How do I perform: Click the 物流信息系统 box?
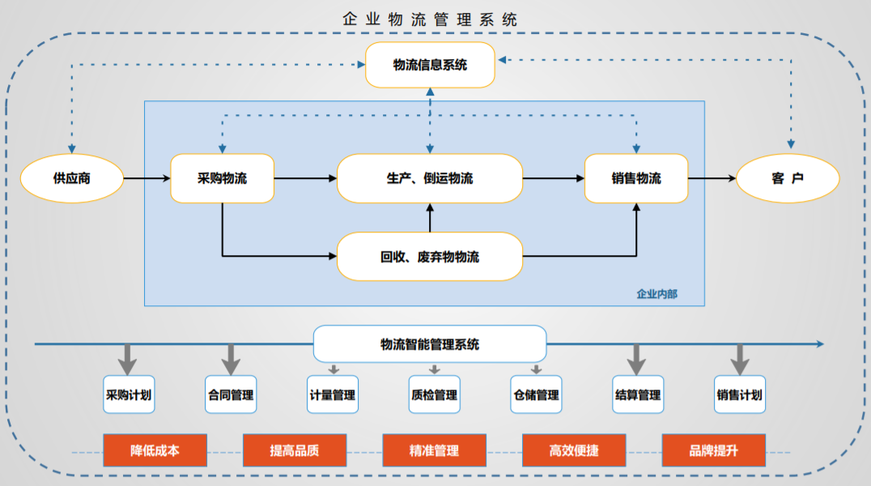click(430, 66)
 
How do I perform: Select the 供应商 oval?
click(71, 178)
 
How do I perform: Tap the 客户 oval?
click(787, 178)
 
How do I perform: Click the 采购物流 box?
click(222, 178)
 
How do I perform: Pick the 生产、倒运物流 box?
click(430, 178)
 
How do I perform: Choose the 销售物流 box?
click(636, 178)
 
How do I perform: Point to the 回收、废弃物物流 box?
click(430, 257)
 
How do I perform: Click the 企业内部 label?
click(656, 293)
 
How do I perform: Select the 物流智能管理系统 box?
click(430, 344)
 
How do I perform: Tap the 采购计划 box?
click(129, 395)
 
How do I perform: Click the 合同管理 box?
click(231, 395)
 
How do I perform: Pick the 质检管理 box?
click(435, 395)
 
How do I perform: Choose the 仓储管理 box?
click(536, 395)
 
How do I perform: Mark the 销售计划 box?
click(739, 395)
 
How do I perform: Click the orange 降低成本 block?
click(155, 450)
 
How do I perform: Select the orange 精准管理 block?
click(434, 450)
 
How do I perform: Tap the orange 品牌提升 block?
click(713, 450)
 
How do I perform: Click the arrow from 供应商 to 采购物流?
click(147, 178)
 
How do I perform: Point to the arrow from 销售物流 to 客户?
click(712, 178)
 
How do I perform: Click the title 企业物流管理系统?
click(430, 19)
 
